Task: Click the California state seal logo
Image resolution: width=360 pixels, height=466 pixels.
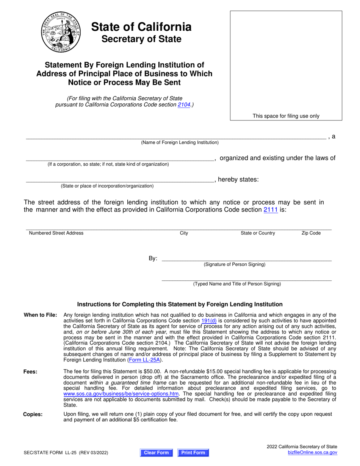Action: coord(61,32)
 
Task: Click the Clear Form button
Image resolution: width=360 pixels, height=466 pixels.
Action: coord(156,452)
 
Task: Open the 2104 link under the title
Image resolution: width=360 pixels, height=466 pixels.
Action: coord(184,105)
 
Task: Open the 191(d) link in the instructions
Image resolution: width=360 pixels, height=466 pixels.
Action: coord(209,321)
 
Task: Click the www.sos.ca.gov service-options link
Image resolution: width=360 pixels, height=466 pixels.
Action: coord(121,394)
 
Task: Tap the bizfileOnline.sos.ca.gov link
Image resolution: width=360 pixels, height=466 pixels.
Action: coord(312,452)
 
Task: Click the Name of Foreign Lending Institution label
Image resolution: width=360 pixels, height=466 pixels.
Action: coord(180,142)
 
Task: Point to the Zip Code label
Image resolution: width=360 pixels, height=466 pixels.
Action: coord(311,233)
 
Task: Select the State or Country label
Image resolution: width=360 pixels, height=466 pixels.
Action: coord(258,233)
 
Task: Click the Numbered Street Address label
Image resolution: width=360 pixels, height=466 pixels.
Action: coord(56,233)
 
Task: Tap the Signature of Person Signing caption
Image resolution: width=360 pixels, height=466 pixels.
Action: coord(235,264)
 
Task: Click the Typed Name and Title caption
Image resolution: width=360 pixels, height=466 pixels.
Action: coord(237,284)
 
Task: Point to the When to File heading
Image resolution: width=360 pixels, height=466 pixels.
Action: coord(41,315)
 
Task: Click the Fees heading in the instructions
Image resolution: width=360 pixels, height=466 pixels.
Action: coord(30,372)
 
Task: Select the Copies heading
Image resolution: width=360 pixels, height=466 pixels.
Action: coord(33,414)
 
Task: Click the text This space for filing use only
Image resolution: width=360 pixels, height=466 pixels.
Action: coord(286,116)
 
